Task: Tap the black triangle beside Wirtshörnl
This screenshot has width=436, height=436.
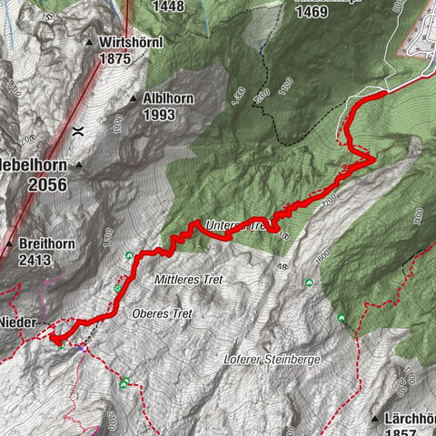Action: [89, 43]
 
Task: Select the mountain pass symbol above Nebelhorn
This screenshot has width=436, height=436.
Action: [78, 130]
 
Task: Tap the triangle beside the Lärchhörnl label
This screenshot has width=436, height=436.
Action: [374, 419]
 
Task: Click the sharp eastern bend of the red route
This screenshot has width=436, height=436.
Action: [373, 159]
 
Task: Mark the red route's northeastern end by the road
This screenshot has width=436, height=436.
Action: [386, 91]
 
